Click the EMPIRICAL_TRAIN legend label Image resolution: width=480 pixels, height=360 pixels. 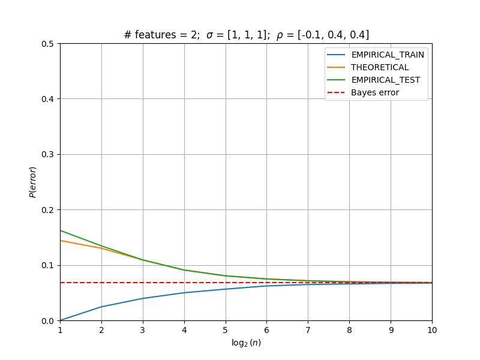click(388, 55)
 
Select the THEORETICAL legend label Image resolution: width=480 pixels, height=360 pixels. click(380, 67)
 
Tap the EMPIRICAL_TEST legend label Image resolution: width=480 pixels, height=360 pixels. click(385, 80)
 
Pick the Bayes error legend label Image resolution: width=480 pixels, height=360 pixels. click(375, 92)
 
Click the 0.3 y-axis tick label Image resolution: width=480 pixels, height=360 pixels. click(47, 155)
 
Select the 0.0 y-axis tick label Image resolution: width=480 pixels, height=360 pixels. click(47, 321)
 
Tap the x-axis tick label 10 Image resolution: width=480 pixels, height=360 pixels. click(432, 330)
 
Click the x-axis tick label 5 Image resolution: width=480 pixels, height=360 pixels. click(226, 330)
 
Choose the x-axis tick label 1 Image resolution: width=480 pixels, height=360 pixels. click(61, 330)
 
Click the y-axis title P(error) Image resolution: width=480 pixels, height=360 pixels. click(33, 182)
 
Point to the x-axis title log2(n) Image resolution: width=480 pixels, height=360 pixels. click(246, 343)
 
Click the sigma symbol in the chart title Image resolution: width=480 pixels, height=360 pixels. click(209, 35)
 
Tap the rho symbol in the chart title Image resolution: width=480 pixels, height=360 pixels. click(280, 35)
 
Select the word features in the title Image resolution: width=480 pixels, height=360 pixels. click(155, 35)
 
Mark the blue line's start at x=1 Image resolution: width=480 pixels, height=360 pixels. click(61, 320)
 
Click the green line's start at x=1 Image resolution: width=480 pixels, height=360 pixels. click(61, 230)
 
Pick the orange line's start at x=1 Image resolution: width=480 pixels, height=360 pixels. click(61, 241)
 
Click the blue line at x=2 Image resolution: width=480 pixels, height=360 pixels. click(101, 307)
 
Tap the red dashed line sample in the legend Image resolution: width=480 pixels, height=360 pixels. click(336, 92)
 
